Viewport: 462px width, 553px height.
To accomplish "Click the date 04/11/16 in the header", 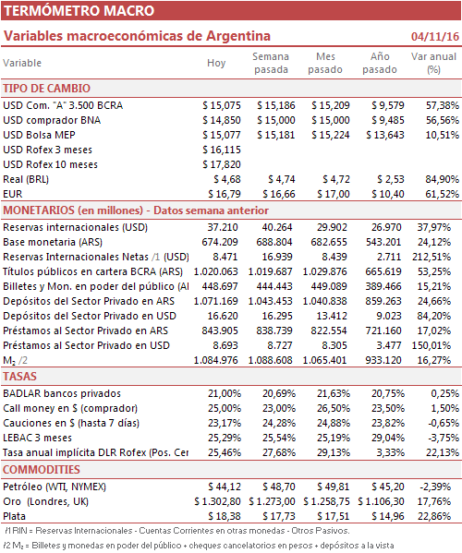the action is [435, 36].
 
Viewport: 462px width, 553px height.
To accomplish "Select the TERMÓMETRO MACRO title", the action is [79, 10].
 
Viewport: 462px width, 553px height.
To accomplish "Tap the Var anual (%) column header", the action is [433, 63].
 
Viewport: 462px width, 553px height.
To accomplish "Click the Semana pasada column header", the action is [271, 63].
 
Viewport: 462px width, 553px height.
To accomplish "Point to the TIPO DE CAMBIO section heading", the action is [46, 89].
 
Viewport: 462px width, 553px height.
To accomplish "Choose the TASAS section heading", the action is [19, 377].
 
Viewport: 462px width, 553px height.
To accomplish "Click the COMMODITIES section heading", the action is [42, 469].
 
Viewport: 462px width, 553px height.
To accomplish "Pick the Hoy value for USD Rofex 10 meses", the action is [222, 164].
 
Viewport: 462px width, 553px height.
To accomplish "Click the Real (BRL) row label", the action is [26, 179].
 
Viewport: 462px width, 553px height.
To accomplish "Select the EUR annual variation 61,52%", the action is [443, 194].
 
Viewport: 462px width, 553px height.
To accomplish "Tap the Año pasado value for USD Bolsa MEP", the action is [385, 135].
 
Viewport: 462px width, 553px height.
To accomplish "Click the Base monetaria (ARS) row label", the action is [53, 242].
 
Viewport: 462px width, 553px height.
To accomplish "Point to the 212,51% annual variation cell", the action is [432, 257].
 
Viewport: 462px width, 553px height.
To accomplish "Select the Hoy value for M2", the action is [215, 360].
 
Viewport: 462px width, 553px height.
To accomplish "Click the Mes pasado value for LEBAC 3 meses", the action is [334, 438].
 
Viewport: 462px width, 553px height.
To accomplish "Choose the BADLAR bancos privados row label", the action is [62, 393].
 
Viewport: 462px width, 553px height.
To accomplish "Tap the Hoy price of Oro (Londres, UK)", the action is [217, 501].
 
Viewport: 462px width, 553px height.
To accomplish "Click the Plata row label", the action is [14, 516].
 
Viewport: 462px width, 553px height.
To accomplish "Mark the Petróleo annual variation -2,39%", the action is [435, 487].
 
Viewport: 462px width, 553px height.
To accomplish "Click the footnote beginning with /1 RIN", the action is [177, 531].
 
